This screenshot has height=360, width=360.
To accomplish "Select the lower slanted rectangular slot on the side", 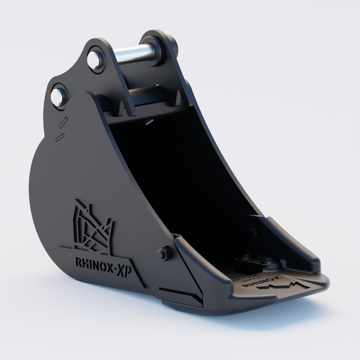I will (x=60, y=136).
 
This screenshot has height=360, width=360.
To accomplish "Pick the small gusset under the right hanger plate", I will (x=178, y=99).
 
